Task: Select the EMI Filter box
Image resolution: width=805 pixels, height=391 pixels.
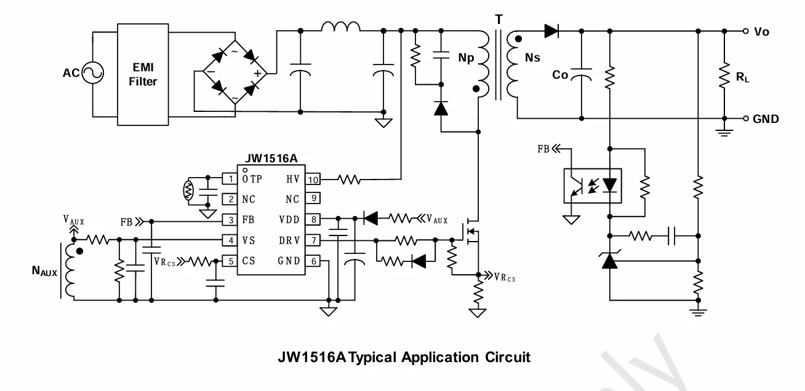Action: click(142, 74)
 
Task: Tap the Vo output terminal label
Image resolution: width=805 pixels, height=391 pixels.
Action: click(761, 32)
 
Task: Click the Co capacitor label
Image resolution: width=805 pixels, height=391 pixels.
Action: click(560, 75)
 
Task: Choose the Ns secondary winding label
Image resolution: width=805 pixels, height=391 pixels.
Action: click(532, 57)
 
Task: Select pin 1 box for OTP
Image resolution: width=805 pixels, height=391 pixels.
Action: click(230, 179)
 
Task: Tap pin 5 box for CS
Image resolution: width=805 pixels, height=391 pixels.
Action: click(230, 261)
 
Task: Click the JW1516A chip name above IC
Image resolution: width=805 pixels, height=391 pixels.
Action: click(270, 157)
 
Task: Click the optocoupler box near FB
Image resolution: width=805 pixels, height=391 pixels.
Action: click(593, 185)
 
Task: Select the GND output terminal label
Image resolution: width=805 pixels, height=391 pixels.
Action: click(766, 119)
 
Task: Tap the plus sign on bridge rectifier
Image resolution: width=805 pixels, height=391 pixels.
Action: click(257, 74)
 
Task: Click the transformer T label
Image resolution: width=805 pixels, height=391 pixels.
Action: click(498, 19)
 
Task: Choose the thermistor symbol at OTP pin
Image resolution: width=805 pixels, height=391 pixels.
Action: click(190, 189)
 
